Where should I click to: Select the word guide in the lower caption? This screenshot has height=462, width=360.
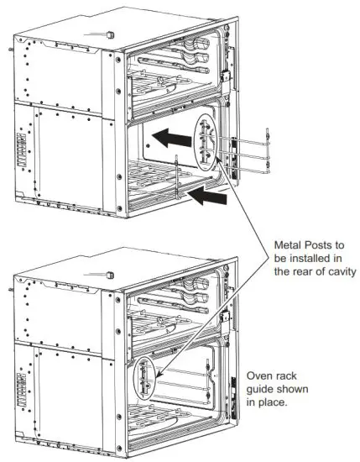264,390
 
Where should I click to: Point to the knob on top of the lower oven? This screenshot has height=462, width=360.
110,275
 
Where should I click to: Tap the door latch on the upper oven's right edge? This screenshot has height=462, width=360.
225,76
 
